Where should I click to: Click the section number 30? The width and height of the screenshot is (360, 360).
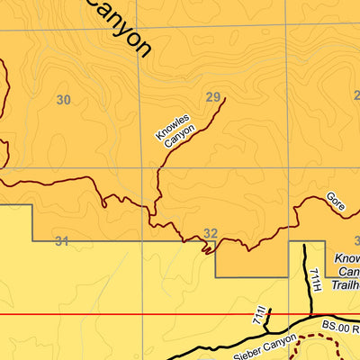(x=63, y=100)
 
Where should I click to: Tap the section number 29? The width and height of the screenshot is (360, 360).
(x=212, y=97)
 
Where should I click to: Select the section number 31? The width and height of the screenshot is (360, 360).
(x=61, y=240)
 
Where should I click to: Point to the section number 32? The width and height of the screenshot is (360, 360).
(x=211, y=234)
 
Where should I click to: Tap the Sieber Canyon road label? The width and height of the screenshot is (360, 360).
(x=264, y=346)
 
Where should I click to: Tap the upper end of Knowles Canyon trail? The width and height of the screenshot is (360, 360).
(x=224, y=98)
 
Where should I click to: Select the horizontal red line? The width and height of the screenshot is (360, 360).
(x=135, y=315)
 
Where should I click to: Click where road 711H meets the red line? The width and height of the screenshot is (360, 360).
(x=304, y=315)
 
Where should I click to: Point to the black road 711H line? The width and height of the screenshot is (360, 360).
(x=304, y=279)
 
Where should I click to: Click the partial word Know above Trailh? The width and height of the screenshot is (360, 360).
(x=347, y=258)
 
